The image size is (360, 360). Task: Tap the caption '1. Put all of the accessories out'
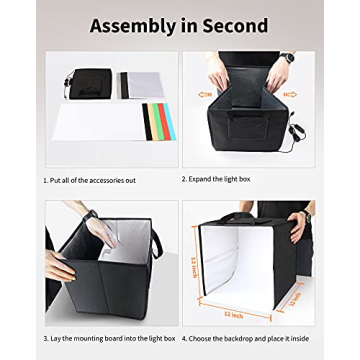click(x=89, y=180)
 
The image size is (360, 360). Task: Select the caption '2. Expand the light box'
click(x=216, y=180)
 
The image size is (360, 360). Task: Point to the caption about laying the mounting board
click(x=109, y=338)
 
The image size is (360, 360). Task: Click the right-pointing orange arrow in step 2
click(x=291, y=95)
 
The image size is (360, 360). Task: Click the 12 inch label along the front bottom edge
click(x=233, y=313)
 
